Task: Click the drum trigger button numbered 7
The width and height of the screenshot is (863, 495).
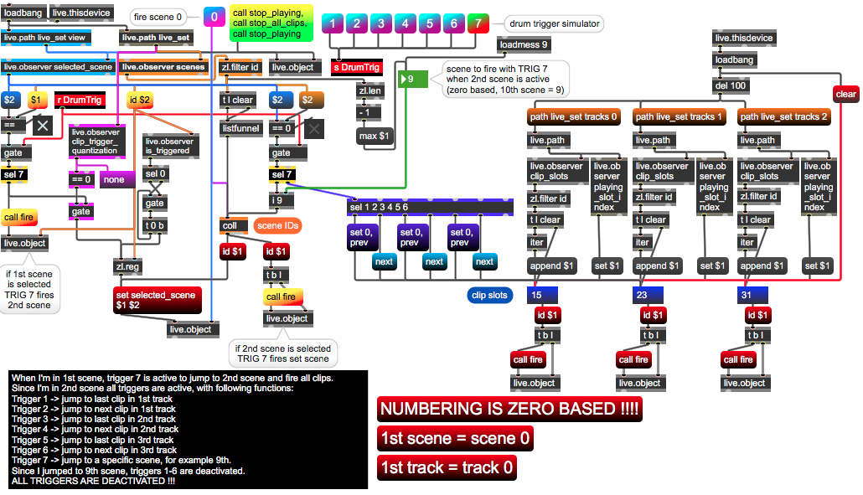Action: (478, 23)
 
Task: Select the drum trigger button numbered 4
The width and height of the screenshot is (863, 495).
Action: (406, 23)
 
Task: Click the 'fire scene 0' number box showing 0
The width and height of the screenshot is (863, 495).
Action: (214, 17)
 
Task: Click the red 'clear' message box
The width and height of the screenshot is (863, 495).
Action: (845, 94)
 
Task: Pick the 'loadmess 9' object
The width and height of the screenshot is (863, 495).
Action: (524, 44)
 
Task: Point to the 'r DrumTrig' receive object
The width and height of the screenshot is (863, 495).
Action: (79, 100)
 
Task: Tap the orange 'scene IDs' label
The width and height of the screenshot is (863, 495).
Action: (278, 225)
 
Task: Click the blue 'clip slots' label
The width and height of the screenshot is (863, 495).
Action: (490, 295)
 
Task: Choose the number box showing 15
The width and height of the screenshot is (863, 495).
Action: (545, 295)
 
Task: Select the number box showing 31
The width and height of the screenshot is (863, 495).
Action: (754, 295)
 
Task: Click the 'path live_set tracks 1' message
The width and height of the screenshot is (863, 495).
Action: (680, 116)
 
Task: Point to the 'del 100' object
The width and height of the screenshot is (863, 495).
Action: (731, 85)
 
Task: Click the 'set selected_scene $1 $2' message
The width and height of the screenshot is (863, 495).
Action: (158, 300)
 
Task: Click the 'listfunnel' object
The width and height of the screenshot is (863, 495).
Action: (241, 128)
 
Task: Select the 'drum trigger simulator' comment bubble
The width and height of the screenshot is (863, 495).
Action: (554, 23)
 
